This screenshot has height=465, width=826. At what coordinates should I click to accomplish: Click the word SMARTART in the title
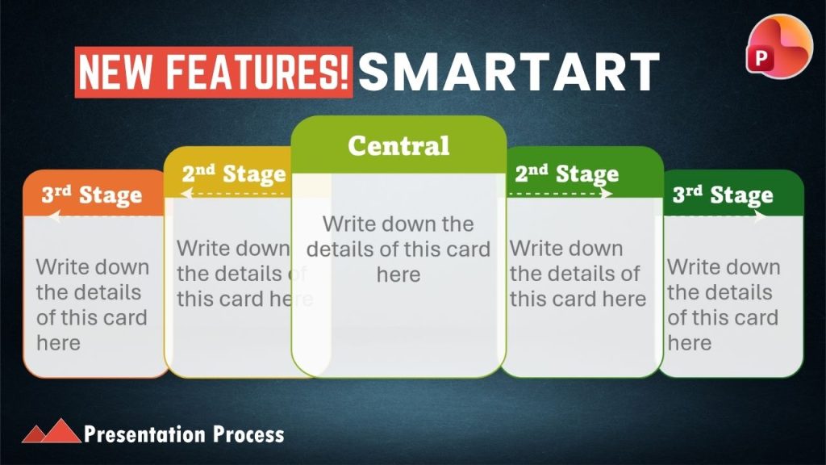(509, 72)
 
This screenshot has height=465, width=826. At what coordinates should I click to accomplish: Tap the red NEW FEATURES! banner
(213, 72)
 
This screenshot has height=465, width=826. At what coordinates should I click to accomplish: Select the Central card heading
(398, 145)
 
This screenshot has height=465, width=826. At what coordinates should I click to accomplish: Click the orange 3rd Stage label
(92, 195)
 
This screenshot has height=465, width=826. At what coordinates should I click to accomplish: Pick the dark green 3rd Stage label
(723, 195)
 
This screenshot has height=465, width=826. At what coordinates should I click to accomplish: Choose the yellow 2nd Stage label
(234, 174)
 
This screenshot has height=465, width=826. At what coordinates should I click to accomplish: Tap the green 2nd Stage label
(567, 174)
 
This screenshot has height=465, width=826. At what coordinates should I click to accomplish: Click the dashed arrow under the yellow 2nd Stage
(236, 194)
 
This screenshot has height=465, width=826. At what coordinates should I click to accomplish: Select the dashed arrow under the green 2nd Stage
(559, 194)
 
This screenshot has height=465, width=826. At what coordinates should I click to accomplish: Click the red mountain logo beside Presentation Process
(51, 431)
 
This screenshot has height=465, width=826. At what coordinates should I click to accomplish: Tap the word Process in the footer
(248, 434)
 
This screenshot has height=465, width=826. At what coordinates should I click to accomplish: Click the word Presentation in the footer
(144, 434)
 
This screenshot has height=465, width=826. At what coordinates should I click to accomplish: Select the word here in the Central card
(398, 274)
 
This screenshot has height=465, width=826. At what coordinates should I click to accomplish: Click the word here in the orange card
(58, 343)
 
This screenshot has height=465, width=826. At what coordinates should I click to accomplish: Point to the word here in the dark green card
(690, 343)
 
